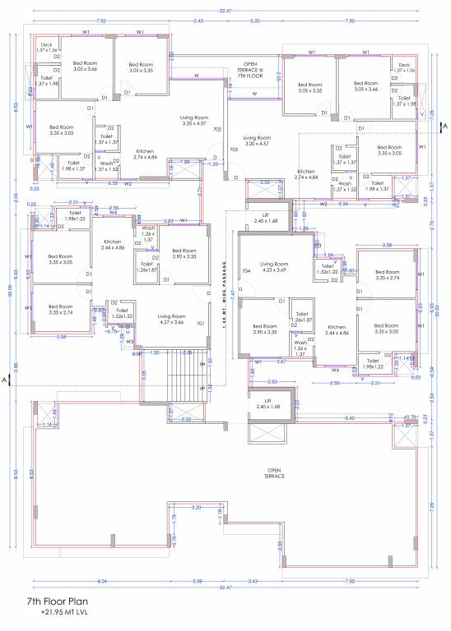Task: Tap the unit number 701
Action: [200, 324]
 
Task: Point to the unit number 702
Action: [217, 130]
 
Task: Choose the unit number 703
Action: [234, 150]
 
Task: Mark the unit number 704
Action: [244, 269]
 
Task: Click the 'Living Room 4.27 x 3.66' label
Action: [174, 319]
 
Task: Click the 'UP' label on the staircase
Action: [202, 388]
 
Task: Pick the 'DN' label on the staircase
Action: [202, 362]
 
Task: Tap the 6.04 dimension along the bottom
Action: [78, 581]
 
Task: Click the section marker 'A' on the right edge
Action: [442, 126]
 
